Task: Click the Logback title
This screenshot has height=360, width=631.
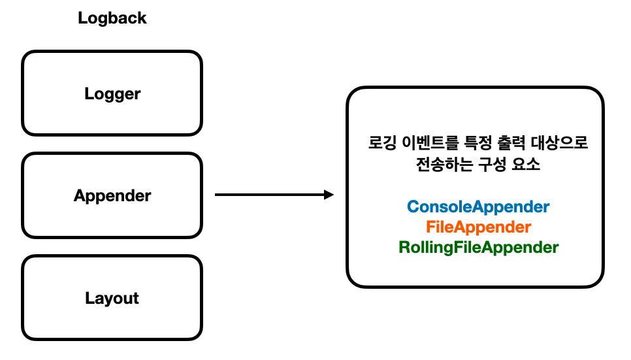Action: (x=112, y=18)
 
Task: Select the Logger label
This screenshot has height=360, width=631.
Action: (x=112, y=94)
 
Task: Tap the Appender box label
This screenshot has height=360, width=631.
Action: (x=112, y=196)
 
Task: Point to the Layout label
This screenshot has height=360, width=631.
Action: (x=112, y=299)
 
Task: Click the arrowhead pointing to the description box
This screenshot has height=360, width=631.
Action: (x=329, y=195)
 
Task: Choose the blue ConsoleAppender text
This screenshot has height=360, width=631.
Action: (x=478, y=207)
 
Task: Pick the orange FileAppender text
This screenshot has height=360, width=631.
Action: (x=478, y=227)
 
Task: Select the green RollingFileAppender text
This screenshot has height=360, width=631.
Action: (x=478, y=248)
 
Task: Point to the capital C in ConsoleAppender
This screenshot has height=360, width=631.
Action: (x=412, y=207)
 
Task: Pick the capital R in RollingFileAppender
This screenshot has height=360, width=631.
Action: (x=403, y=248)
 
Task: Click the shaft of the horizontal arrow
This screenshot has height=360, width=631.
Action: (x=268, y=195)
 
